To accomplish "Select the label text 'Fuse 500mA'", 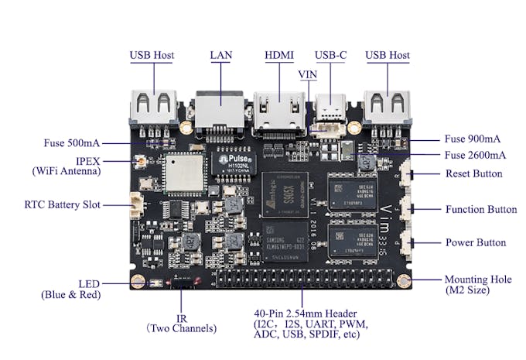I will pyautogui.click(x=71, y=143).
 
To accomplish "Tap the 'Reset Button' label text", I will pyautogui.click(x=473, y=173).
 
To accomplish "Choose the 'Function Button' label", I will pyautogui.click(x=480, y=209).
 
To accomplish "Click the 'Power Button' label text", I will pyautogui.click(x=475, y=242).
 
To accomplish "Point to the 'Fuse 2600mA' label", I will pyautogui.click(x=474, y=155).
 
